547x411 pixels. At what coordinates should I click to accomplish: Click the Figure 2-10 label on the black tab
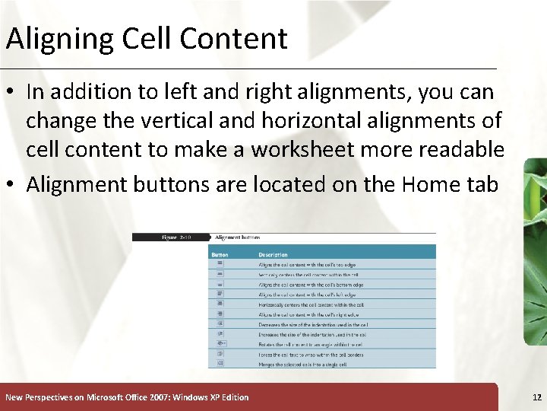[175, 237]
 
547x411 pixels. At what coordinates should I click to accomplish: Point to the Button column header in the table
[220, 254]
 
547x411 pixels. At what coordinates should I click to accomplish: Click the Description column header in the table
[273, 254]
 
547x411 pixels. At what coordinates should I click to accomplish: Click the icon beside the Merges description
[220, 364]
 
